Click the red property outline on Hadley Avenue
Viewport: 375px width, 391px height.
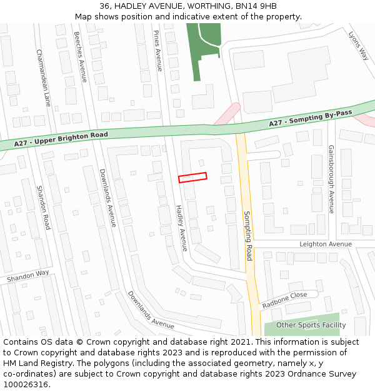click(x=192, y=178)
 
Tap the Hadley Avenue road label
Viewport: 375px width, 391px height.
click(x=181, y=228)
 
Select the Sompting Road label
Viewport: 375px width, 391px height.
click(x=249, y=236)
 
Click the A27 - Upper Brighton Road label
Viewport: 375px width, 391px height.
click(x=61, y=140)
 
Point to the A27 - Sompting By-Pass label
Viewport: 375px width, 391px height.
click(x=311, y=118)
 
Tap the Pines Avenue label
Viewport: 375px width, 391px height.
click(x=158, y=50)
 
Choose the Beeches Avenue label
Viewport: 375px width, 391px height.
click(x=80, y=57)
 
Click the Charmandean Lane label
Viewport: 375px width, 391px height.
click(x=43, y=78)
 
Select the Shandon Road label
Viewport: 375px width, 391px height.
click(x=43, y=207)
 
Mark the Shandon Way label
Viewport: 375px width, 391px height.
click(x=27, y=275)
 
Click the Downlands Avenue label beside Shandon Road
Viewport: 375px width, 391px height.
click(x=107, y=198)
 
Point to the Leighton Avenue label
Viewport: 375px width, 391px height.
click(x=326, y=244)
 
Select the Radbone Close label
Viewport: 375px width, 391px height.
click(x=284, y=300)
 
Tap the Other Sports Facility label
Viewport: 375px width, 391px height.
click(x=311, y=325)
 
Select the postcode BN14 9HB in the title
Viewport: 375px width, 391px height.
click(x=257, y=6)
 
